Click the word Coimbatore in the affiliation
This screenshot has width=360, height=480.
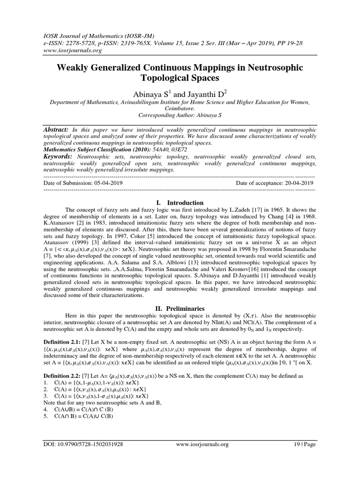click(180, 109)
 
